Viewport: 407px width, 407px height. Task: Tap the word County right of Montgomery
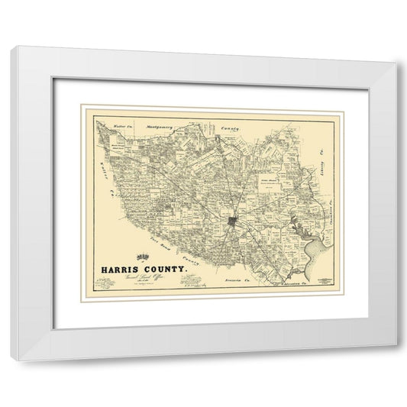coord(229,129)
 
